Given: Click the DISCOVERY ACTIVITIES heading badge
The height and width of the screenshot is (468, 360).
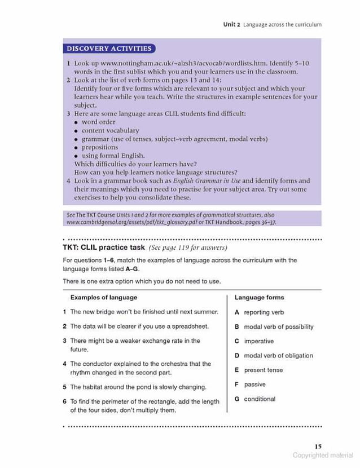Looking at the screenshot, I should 109,48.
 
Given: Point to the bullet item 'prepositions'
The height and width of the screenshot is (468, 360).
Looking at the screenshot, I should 100,147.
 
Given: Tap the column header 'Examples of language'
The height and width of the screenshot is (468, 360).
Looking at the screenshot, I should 103,297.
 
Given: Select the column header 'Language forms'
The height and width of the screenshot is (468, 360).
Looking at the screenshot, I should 259,297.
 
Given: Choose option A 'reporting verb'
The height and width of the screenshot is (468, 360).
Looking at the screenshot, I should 264,312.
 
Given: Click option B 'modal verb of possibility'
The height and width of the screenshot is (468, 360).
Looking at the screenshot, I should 278,326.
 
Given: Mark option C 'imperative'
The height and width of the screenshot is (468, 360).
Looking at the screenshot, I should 258,341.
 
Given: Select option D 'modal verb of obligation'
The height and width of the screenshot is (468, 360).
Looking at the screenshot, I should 278,356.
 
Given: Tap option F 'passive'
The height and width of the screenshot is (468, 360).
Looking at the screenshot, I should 254,385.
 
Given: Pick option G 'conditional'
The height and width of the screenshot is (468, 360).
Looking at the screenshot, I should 260,399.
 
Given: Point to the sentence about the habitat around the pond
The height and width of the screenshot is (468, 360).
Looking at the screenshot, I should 138,387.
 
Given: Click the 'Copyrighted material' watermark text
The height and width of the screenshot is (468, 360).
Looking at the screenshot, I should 323,456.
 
